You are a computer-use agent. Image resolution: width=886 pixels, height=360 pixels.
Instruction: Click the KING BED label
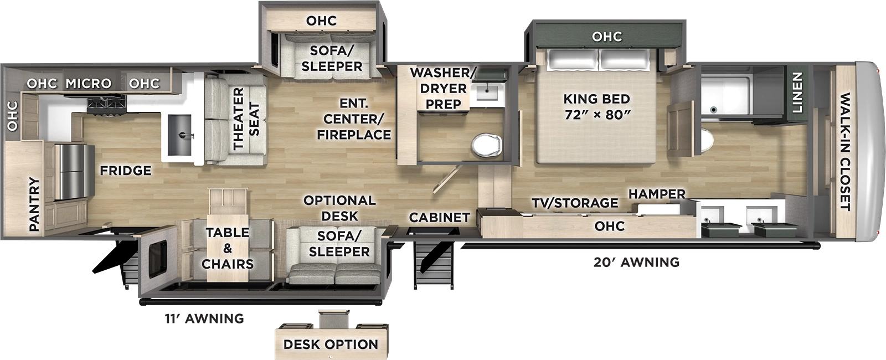click(596, 107)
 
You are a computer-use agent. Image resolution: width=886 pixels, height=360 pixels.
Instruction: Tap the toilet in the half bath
click(486, 146)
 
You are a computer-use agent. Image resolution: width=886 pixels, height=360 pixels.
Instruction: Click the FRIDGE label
click(125, 171)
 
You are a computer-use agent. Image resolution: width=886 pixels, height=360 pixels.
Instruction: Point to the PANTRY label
click(34, 204)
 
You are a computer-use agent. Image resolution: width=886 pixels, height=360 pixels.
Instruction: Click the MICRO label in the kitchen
click(89, 84)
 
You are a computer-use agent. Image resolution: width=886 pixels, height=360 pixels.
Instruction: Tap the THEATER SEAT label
click(246, 119)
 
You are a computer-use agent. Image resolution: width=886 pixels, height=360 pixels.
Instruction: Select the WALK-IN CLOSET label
click(844, 152)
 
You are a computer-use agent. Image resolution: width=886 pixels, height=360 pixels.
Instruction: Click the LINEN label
click(797, 93)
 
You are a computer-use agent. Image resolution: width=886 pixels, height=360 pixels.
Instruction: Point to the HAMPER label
click(657, 194)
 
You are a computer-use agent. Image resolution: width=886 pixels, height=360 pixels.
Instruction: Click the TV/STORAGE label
click(575, 203)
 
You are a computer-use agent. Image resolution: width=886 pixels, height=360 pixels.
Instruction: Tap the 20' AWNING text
click(636, 262)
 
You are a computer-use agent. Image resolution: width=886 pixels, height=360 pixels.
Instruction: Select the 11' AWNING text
click(204, 318)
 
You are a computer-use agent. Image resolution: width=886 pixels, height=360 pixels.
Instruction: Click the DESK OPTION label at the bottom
click(331, 344)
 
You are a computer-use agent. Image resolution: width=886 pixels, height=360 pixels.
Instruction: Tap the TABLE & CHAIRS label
click(228, 248)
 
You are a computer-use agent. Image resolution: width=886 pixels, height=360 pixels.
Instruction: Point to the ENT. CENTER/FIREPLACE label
click(354, 119)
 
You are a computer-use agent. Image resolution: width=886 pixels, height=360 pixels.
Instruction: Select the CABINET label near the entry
click(439, 218)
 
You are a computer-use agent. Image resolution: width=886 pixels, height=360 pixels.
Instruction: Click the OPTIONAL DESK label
click(339, 208)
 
